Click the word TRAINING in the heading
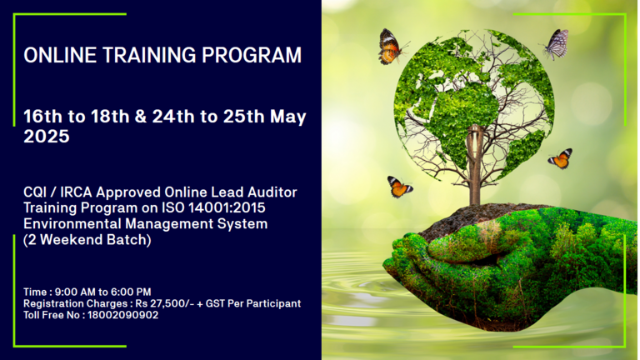pyautogui.click(x=149, y=55)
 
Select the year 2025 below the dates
pyautogui.click(x=47, y=137)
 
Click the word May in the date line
pyautogui.click(x=288, y=117)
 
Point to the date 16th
pyautogui.click(x=42, y=117)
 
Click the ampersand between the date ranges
pyautogui.click(x=140, y=117)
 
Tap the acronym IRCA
pyautogui.click(x=76, y=192)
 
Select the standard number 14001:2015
pyautogui.click(x=227, y=207)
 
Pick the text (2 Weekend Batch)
pyautogui.click(x=87, y=240)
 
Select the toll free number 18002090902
pyautogui.click(x=122, y=315)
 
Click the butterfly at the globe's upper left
pyautogui.click(x=391, y=46)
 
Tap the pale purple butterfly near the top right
pyautogui.click(x=556, y=44)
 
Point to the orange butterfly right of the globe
pyautogui.click(x=560, y=158)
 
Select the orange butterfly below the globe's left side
pyautogui.click(x=399, y=187)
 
